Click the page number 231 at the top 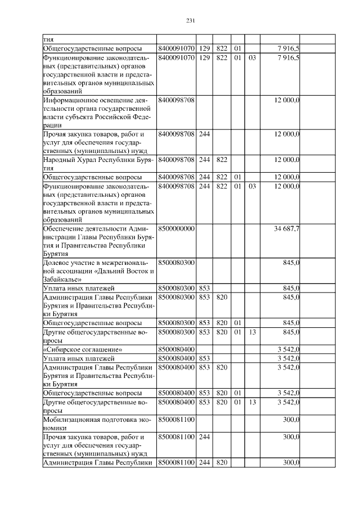[190, 21]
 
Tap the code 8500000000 [177, 229]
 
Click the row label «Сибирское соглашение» [83, 349]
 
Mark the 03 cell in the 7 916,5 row [252, 57]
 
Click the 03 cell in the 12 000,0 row [252, 186]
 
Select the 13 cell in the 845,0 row [252, 332]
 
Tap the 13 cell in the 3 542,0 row [252, 402]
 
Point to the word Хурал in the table [87, 160]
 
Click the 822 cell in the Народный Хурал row [221, 160]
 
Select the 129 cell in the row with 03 [204, 57]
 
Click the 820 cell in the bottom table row [221, 462]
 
